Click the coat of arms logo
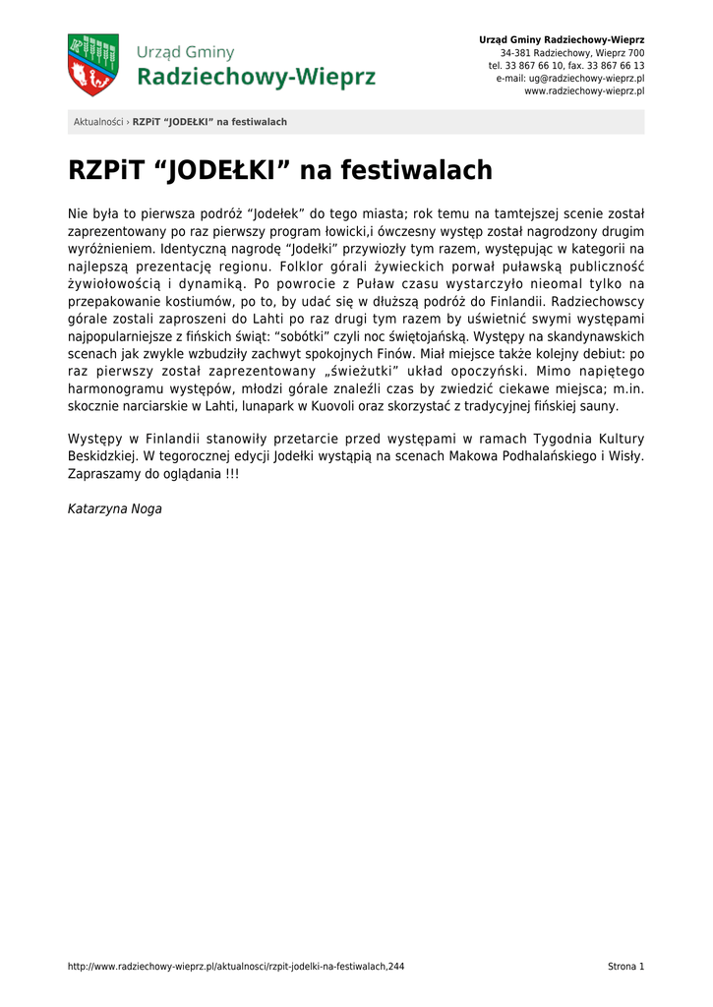tap(92, 65)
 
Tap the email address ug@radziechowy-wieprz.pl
tap(570, 78)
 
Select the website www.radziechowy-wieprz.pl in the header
tap(584, 90)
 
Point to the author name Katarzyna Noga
tap(115, 508)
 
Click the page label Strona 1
tap(625, 967)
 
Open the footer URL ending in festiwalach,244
tap(236, 967)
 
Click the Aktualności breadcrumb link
tap(98, 122)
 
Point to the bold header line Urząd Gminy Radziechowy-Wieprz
tap(562, 39)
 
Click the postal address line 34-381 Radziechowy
tap(572, 52)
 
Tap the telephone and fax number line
tap(566, 65)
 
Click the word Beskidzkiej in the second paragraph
tap(103, 455)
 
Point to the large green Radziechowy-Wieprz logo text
tap(256, 77)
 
